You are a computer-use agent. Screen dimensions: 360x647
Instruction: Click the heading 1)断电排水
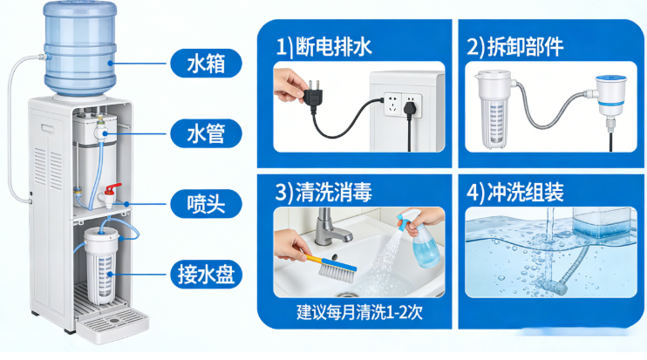(323, 47)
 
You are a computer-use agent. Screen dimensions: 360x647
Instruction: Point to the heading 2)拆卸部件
(515, 47)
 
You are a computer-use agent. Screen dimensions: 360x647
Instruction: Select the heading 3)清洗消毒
(323, 193)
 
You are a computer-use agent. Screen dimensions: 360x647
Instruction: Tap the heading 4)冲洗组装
(515, 193)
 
